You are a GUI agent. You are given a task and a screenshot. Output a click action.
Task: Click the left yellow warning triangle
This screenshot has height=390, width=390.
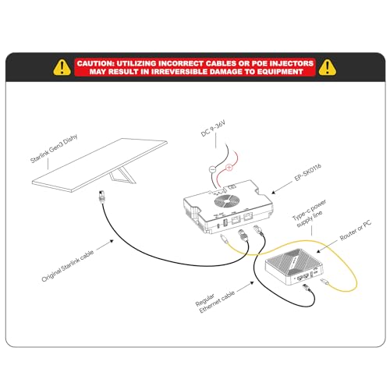62,68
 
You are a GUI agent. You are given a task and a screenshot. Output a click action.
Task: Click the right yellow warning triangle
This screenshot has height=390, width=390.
328,68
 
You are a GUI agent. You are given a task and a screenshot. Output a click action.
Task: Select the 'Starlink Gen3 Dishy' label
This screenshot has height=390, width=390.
54,149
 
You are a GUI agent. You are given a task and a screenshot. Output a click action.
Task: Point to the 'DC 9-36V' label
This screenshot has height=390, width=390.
213,128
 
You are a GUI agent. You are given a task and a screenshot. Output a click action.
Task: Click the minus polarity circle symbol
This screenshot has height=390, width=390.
213,169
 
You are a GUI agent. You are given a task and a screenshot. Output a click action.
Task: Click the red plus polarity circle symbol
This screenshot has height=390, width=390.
229,168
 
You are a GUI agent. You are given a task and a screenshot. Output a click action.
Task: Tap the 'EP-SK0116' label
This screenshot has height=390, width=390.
308,172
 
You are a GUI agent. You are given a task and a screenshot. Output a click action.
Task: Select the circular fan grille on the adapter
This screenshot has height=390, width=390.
227,201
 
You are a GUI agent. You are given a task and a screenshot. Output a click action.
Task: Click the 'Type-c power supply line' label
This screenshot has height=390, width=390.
310,214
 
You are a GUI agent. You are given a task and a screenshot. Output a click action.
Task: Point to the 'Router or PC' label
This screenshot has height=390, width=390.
356,230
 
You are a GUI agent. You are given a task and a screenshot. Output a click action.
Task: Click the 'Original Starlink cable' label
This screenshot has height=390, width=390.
68,266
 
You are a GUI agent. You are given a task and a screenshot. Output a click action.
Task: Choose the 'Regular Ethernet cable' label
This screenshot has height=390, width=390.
215,302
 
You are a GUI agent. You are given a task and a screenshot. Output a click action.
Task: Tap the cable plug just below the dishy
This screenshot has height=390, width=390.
101,197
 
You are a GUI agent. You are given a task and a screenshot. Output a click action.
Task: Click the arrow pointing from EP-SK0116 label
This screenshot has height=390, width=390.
282,187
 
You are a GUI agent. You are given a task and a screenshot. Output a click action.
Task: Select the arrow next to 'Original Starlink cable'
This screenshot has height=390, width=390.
105,244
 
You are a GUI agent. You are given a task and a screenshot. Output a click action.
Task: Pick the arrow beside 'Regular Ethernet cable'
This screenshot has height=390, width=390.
246,286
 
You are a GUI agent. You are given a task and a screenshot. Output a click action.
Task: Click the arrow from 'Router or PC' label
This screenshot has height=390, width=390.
327,246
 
